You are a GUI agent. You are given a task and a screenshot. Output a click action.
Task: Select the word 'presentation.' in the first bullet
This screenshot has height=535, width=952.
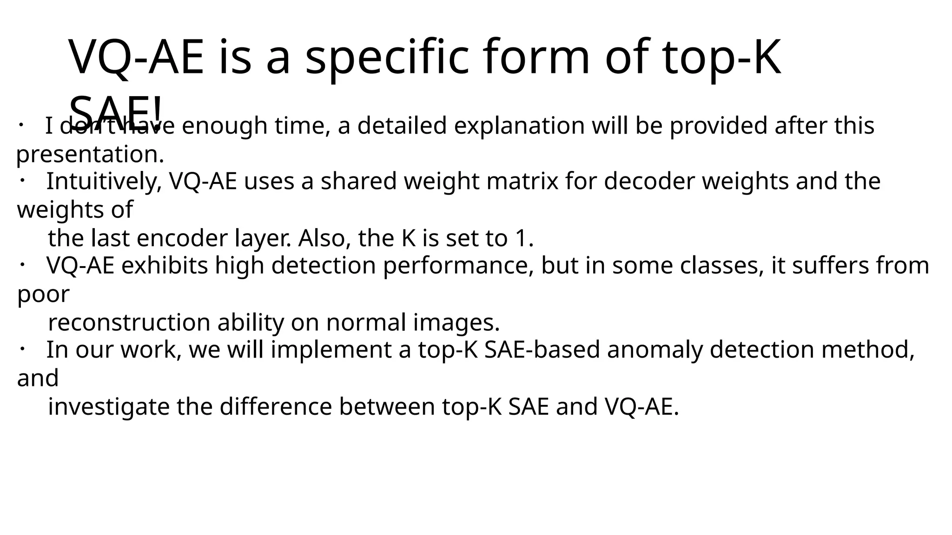[x=90, y=155]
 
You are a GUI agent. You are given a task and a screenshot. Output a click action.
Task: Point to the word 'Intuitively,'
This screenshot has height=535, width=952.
[x=104, y=182]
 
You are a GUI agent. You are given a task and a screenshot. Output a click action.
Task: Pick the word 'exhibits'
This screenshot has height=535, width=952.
[x=165, y=266]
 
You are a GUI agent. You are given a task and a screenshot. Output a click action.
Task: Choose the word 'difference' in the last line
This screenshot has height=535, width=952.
[x=275, y=407]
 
